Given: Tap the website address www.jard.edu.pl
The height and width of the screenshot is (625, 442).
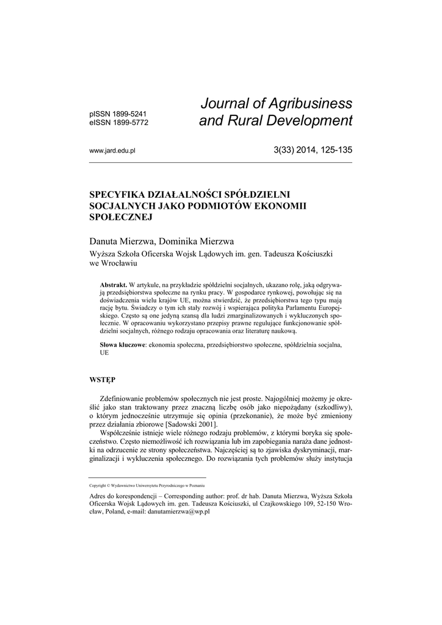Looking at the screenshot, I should point(112,150).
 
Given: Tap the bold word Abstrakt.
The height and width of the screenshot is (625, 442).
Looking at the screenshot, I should point(113,286).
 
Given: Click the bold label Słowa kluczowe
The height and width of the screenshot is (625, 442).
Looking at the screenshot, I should point(122,345).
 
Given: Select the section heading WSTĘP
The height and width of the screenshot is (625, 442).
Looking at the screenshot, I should point(102,380).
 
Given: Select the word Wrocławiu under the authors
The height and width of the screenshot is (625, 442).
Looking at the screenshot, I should point(120,264).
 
